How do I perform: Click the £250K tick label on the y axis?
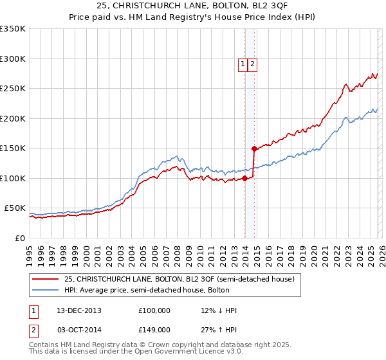(x=13, y=89)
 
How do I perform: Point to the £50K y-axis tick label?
(x=15, y=208)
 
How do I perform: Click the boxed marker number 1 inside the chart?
(x=243, y=64)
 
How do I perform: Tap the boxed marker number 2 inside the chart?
(x=253, y=64)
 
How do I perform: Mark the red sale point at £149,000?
(x=255, y=148)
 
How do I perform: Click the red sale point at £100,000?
(x=245, y=178)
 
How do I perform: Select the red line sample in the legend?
(x=46, y=279)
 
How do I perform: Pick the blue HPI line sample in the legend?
(x=46, y=290)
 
